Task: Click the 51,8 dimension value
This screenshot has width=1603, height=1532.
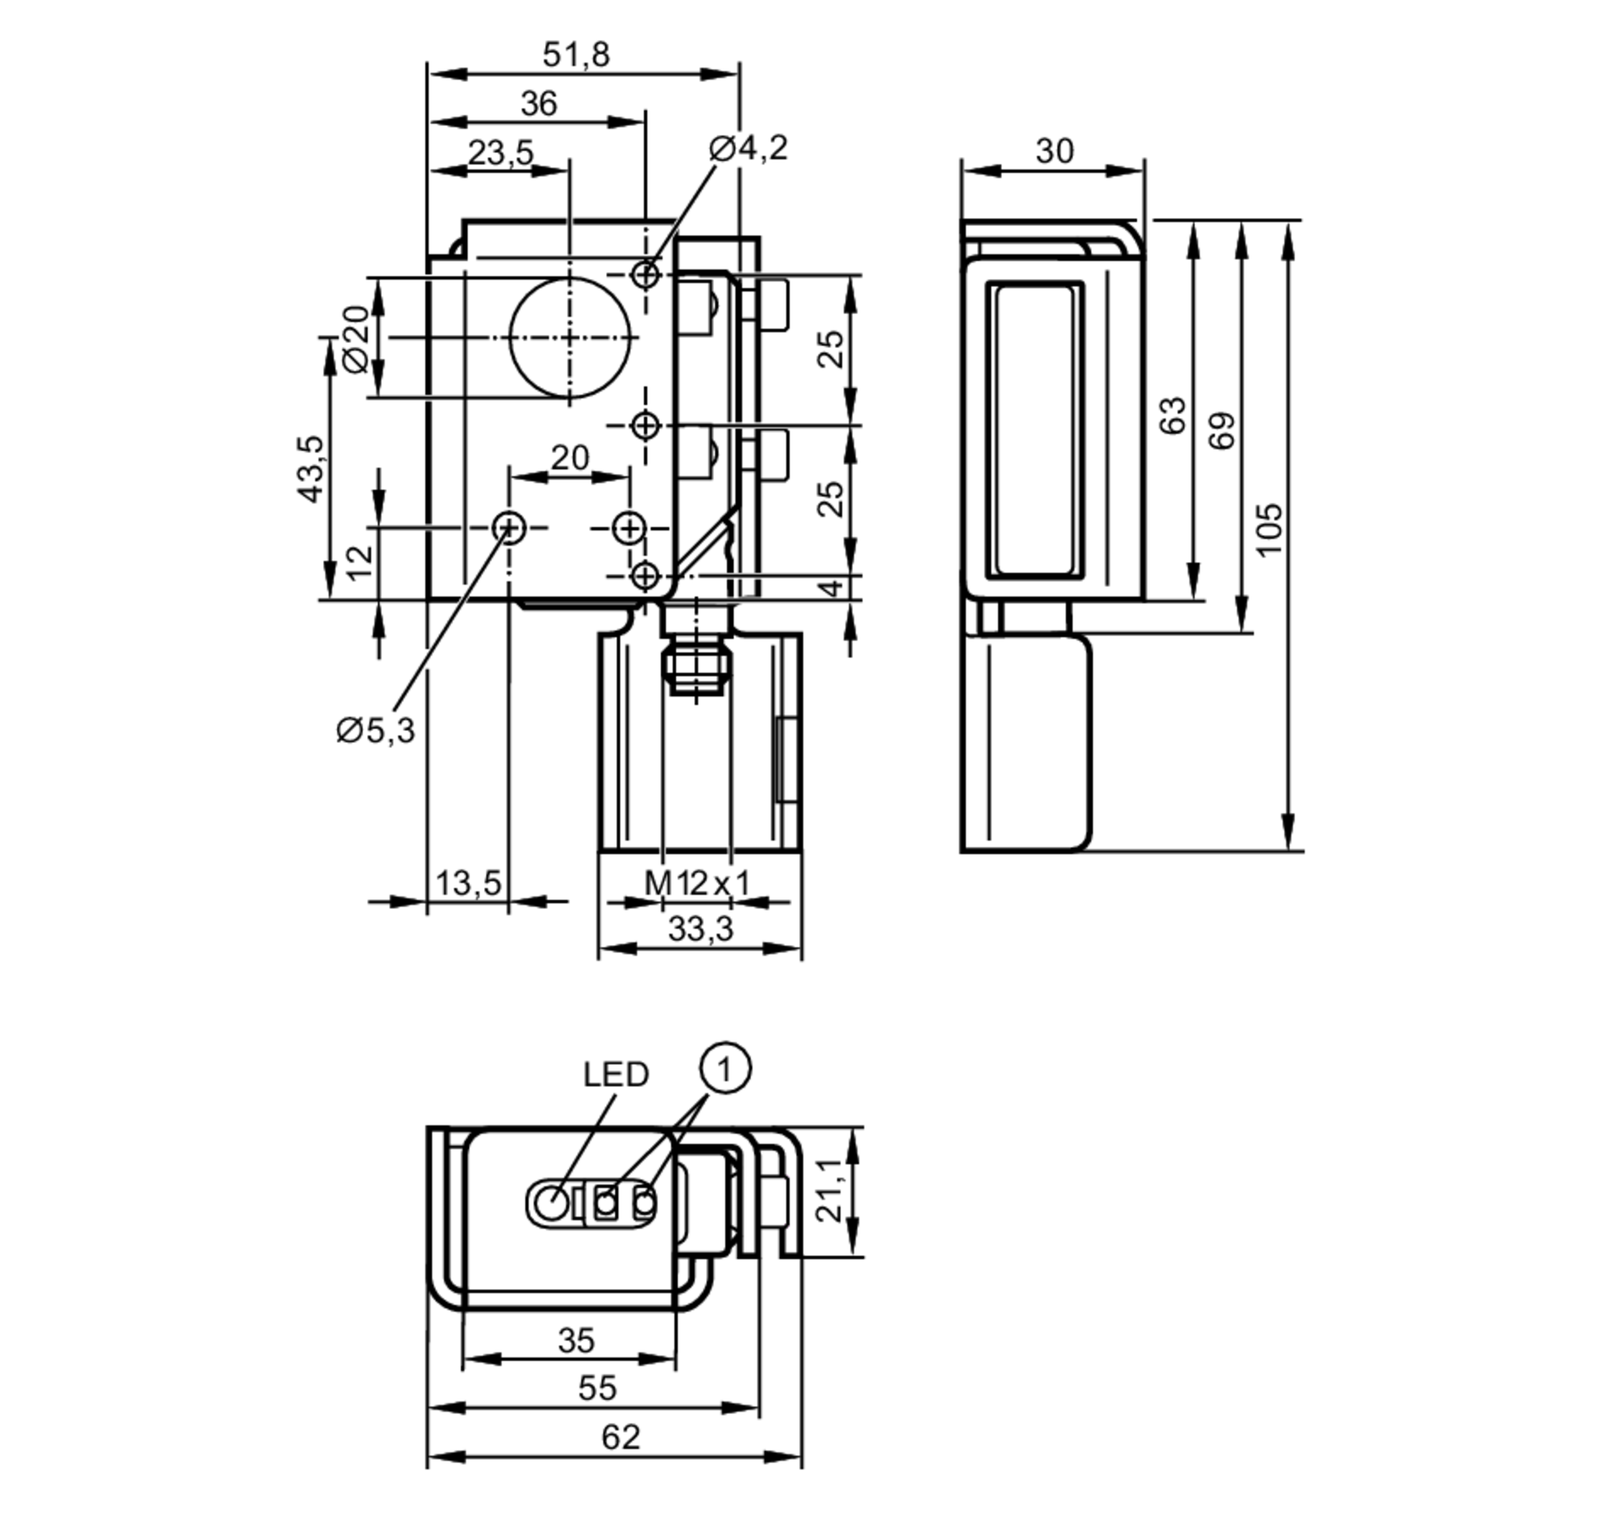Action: [575, 55]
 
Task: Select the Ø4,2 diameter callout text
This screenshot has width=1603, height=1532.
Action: [748, 148]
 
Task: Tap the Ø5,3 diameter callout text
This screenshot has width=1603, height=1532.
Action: [376, 730]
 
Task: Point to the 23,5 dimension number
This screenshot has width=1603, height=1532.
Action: [502, 152]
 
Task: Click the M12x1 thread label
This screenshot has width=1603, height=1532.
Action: [697, 883]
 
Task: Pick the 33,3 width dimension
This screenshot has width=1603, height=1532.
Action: [701, 928]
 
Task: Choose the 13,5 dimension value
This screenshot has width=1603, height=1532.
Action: [468, 883]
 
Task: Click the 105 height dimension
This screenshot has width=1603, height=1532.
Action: [1268, 530]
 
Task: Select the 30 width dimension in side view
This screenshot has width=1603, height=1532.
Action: [1054, 151]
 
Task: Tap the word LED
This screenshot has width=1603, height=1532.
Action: [616, 1074]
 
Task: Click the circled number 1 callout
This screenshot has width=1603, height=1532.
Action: [725, 1067]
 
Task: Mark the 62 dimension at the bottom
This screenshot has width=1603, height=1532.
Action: [620, 1437]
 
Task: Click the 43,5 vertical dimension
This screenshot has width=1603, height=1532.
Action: [310, 469]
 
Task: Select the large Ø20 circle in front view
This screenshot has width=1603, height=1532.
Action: [570, 338]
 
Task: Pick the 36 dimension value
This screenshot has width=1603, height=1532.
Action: [539, 103]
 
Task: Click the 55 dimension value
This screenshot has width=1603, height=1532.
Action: [597, 1388]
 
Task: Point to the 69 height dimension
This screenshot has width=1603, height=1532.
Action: [1221, 430]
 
